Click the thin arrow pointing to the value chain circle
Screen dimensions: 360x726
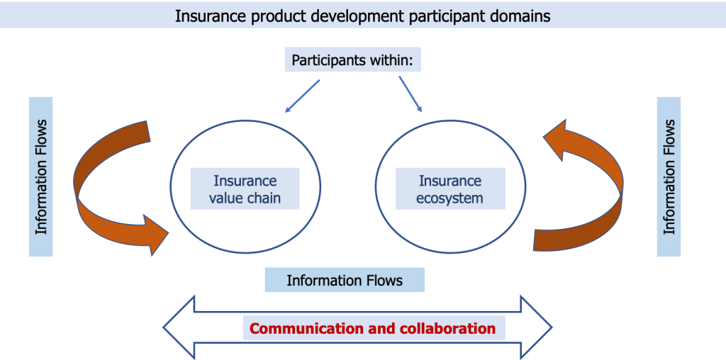coord(301,96)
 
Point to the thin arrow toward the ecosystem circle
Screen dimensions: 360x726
coord(411,94)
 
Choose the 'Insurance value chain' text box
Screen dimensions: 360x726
coord(245,189)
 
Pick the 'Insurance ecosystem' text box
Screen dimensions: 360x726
coord(449,189)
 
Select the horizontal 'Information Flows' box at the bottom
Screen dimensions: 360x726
coord(345,281)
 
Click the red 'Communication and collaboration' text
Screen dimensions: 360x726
coord(373,328)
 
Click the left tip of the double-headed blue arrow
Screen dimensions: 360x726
coord(165,328)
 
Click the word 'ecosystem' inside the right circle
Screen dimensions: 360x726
coord(449,198)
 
